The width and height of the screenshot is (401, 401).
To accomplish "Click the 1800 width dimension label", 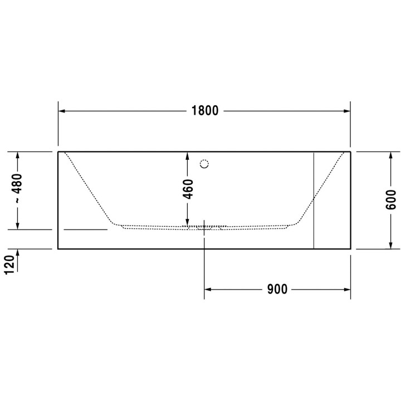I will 204,111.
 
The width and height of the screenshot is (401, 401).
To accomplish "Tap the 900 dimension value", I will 277,290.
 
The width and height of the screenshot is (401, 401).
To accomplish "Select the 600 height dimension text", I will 391,199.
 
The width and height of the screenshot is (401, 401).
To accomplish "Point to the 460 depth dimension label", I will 188,189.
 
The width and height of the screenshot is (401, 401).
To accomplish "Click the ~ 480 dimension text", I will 18,188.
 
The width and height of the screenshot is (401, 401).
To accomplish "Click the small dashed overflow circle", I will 204,164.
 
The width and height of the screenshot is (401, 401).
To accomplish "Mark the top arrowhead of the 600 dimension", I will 391,155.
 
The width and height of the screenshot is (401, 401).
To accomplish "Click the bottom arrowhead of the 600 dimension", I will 391,245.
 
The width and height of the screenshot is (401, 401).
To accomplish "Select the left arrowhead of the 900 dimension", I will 208,290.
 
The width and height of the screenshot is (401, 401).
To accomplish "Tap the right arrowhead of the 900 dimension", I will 346,290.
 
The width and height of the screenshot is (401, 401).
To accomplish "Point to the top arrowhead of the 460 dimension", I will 188,155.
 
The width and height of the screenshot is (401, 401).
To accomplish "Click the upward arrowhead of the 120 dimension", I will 18,252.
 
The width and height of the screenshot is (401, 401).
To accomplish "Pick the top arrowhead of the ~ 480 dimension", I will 18,155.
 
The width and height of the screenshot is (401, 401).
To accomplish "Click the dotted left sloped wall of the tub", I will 89,189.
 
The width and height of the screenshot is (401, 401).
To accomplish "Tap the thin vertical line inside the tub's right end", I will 314,200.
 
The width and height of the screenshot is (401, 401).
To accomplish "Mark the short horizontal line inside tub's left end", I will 86,229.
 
